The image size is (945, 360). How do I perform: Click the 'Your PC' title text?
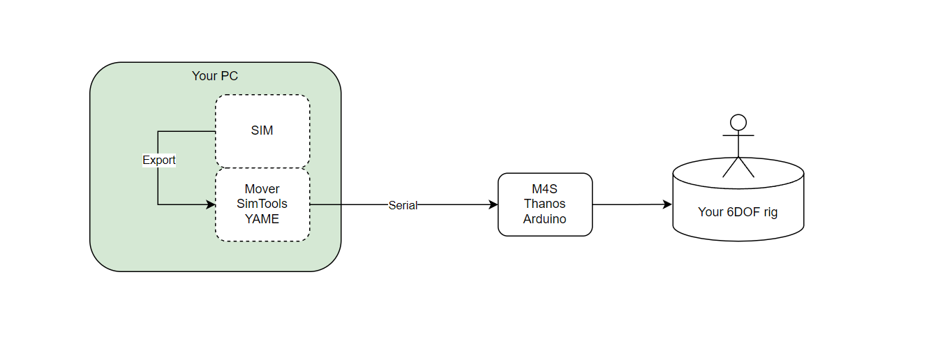pos(215,75)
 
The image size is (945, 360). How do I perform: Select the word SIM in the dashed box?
pos(262,130)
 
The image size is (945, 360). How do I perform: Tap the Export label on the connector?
pos(159,160)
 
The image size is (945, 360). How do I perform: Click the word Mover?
pos(262,189)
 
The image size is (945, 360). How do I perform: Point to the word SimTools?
pos(262,204)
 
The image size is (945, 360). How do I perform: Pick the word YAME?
pos(262,218)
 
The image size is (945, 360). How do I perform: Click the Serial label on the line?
pos(402,205)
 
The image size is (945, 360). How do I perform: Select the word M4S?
pos(544,189)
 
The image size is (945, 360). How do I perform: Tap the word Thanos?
pos(544,204)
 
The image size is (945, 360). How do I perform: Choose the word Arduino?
pos(544,218)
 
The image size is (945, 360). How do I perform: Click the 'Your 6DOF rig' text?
pos(738,211)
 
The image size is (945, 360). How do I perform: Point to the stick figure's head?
pos(738,123)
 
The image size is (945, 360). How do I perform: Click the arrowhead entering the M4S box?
pos(493,204)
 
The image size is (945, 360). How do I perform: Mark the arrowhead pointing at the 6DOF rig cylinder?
pos(667,204)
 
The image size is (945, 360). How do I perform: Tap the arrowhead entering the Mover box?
pos(211,204)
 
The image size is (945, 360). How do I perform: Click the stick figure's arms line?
pos(738,136)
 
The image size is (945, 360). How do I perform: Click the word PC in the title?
pos(230,75)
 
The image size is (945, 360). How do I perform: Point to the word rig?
pos(769,211)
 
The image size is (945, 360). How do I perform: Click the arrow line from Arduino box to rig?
pos(628,204)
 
